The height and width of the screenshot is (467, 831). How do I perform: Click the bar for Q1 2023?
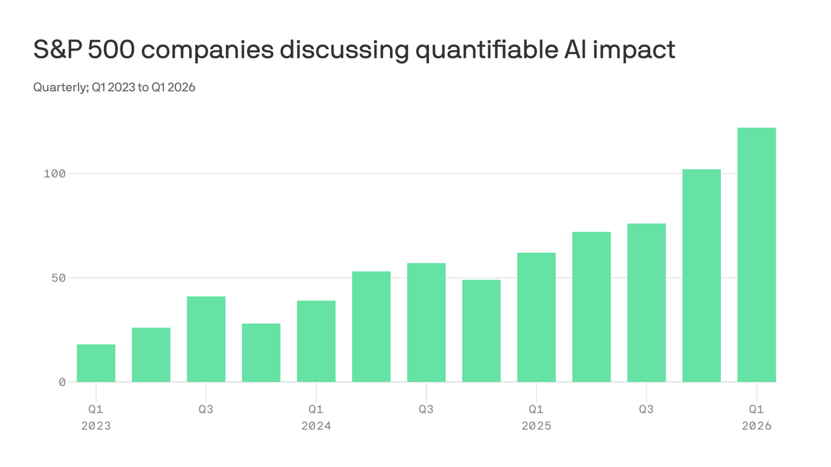[x=96, y=363]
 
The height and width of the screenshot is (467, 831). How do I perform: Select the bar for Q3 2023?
[x=206, y=339]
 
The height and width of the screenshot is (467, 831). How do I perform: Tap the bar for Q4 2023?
[x=261, y=353]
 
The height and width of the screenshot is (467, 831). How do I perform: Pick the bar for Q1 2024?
[x=316, y=341]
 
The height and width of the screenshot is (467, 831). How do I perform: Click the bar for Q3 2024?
[x=426, y=322]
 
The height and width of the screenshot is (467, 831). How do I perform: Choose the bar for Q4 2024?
[x=481, y=331]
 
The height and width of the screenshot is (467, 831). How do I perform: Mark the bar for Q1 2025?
[x=537, y=317]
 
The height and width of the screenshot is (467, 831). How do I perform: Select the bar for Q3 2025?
[x=647, y=303]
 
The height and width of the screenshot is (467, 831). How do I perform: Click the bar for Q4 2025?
[x=701, y=275]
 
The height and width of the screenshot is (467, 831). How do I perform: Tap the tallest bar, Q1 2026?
[x=757, y=255]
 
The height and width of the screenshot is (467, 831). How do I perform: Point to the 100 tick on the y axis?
[x=54, y=174]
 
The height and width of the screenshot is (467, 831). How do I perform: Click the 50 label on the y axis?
[x=58, y=278]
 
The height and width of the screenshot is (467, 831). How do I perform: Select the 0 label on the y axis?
[x=61, y=382]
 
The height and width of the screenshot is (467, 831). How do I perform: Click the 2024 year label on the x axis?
[x=316, y=426]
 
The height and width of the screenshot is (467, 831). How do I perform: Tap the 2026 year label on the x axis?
[x=757, y=426]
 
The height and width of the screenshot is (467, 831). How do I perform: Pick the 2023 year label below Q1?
[x=96, y=426]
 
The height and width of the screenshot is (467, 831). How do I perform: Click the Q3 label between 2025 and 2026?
[x=647, y=409]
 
